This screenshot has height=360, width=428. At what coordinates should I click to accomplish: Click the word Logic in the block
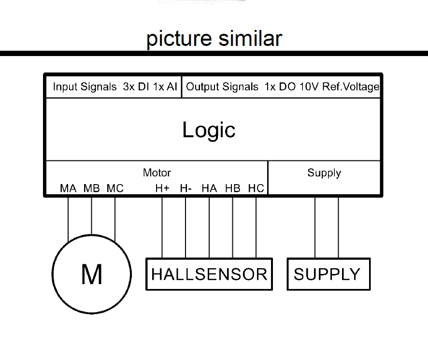point(209,130)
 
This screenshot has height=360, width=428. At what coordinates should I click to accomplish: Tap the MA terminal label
point(68,188)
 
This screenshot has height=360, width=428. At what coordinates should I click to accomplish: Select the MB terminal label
point(92,188)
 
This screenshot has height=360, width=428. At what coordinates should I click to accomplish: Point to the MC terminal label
point(115,188)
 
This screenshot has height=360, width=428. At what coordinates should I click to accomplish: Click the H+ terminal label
point(162,188)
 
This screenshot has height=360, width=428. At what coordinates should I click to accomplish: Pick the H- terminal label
point(186,188)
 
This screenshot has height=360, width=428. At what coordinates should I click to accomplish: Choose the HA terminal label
point(209,188)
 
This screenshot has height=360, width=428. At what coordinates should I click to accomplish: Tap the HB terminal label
point(232,188)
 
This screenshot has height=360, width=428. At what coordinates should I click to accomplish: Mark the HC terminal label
point(256,188)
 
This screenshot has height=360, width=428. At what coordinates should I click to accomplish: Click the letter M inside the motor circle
point(91,274)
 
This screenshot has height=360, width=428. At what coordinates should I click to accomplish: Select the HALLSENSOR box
point(209,274)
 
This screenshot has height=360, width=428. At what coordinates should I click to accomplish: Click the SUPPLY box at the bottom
point(328,274)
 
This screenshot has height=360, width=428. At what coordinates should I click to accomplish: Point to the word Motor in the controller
point(157,173)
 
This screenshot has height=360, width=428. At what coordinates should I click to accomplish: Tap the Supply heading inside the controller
point(324,173)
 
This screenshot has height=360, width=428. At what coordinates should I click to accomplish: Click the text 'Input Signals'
point(85,87)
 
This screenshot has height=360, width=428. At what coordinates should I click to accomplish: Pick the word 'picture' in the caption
point(178,39)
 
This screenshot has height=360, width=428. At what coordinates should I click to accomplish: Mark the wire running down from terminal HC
point(256,227)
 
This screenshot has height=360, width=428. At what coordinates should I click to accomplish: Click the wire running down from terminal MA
point(68,217)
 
